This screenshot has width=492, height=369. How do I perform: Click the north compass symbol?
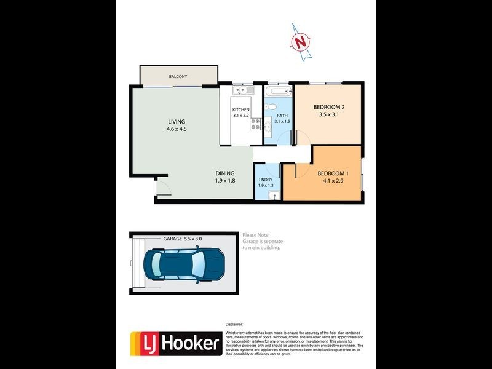click(300, 41)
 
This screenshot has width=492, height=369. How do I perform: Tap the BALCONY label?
click(178, 77)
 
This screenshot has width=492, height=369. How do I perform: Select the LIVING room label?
click(176, 122)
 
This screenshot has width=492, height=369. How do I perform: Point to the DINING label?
click(224, 173)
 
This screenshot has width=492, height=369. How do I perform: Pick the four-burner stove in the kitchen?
click(255, 124)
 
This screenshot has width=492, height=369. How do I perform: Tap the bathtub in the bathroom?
click(278, 93)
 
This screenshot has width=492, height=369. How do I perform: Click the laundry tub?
click(274, 196)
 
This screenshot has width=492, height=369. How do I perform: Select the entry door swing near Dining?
click(162, 187)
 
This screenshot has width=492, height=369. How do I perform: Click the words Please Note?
click(255, 234)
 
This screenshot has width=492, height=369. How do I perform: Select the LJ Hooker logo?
click(176, 344)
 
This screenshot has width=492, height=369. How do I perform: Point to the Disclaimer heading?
click(235, 323)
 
